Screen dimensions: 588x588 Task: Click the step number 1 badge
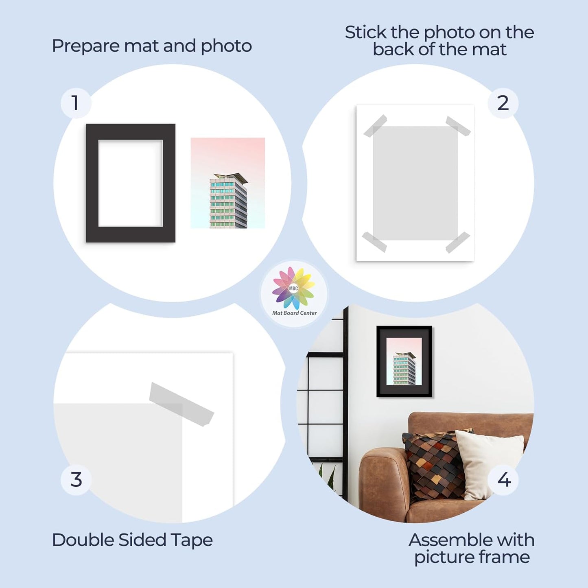(76, 103)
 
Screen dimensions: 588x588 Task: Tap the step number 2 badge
(503, 103)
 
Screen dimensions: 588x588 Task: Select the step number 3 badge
(76, 480)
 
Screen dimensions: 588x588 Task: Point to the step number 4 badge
(503, 480)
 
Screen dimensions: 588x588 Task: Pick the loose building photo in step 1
(228, 183)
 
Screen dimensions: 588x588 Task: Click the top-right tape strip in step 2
(458, 126)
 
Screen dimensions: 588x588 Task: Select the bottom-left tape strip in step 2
(374, 242)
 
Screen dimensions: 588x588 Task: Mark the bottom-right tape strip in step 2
(458, 242)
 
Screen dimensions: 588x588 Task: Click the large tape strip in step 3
(181, 404)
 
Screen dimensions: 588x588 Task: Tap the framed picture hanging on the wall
(404, 361)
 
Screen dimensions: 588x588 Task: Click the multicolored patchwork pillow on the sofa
(433, 464)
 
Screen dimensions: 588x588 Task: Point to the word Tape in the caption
(191, 540)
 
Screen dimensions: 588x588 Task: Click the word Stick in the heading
(365, 33)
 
